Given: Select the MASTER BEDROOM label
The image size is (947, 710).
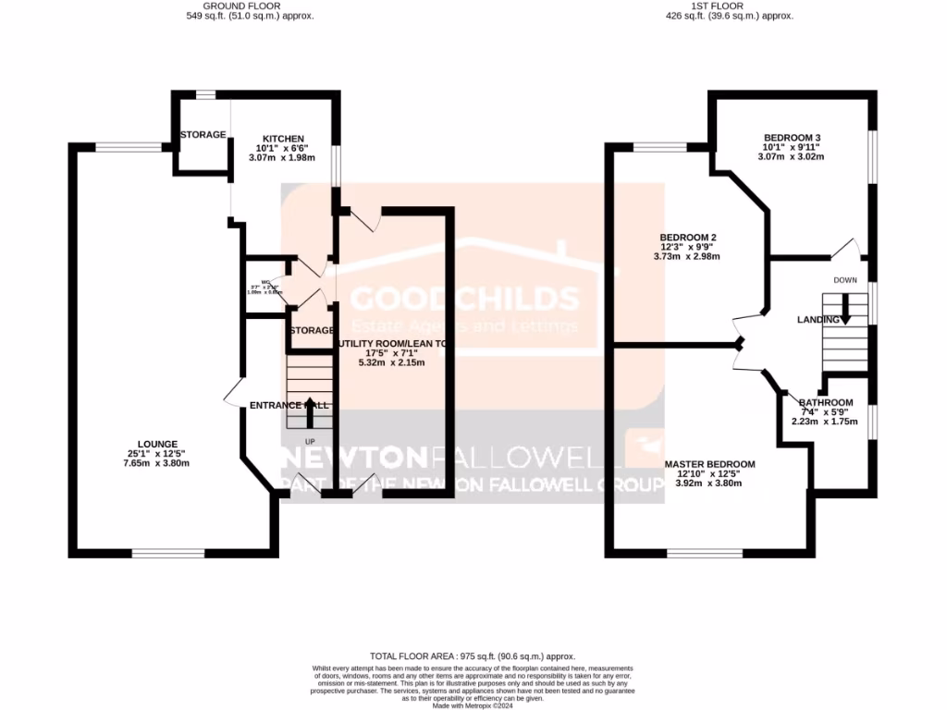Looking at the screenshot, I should point(709,464).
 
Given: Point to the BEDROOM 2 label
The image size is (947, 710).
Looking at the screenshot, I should point(688,238).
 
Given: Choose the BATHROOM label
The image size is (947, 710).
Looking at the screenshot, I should point(825,403).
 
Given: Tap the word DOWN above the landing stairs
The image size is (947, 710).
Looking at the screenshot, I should point(845,280).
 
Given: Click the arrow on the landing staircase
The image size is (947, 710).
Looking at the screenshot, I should point(845,313).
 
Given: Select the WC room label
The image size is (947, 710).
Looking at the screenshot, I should point(265,282).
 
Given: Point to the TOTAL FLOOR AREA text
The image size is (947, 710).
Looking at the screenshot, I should point(473,654).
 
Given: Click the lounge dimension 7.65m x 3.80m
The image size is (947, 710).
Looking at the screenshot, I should point(156,463).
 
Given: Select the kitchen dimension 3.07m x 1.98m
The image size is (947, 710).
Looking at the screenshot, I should point(282,157).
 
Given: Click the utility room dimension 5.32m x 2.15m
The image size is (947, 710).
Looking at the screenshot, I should point(391,362).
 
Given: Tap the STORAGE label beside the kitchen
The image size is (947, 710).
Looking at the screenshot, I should point(203,135).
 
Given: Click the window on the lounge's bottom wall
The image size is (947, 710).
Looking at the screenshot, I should point(167,553).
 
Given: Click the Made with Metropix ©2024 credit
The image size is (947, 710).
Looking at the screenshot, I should point(473,706).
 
